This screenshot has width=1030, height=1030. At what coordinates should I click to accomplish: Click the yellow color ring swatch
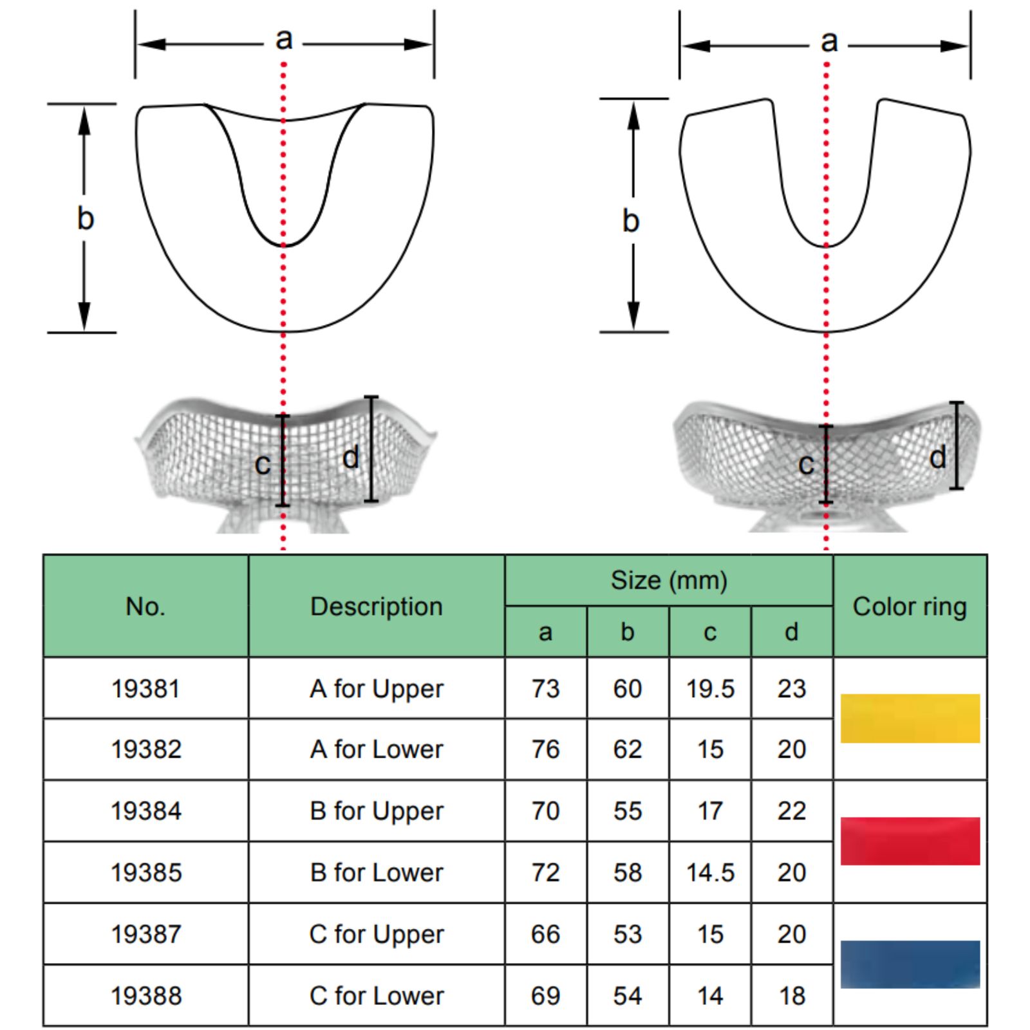[910, 718]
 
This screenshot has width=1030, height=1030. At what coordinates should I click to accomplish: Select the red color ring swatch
[910, 841]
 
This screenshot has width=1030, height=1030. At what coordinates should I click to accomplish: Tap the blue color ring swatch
[910, 964]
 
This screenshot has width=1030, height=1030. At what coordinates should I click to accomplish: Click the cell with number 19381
[145, 689]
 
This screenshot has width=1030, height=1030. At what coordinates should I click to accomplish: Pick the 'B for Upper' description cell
[377, 811]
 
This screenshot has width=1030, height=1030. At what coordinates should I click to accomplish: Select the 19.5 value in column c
[710, 689]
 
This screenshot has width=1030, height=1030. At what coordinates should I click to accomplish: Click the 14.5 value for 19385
[710, 873]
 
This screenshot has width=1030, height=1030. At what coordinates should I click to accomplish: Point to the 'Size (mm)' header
[669, 581]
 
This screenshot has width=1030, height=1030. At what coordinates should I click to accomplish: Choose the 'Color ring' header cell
[910, 606]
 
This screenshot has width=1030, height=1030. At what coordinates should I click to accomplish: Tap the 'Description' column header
[377, 606]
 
